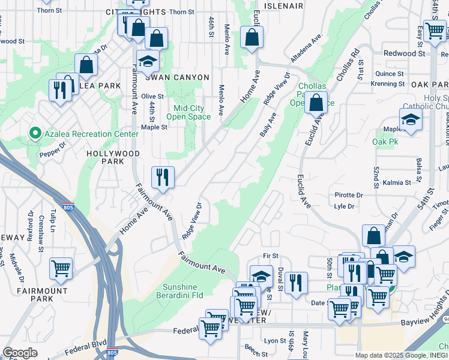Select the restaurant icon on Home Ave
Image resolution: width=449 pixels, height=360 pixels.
click(x=163, y=177)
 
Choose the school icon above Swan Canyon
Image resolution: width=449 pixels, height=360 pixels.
click(x=147, y=61)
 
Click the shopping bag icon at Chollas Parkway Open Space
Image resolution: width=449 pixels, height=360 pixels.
click(x=315, y=103)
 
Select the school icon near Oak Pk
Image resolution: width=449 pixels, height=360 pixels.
click(x=411, y=119)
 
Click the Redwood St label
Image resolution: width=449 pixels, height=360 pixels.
click(x=404, y=53)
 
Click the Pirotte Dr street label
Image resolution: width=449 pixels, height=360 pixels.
click(x=349, y=196)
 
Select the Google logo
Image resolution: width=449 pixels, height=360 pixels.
click(x=20, y=353)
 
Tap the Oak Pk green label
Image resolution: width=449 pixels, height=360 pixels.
click(x=385, y=142)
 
